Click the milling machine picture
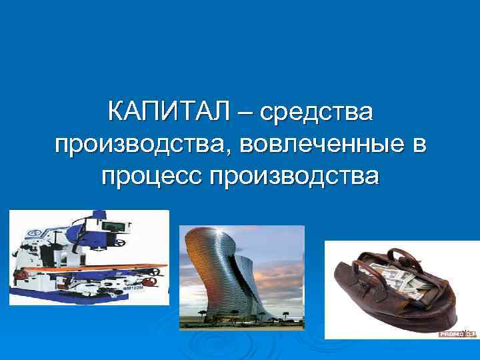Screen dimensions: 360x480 tap(89, 257)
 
